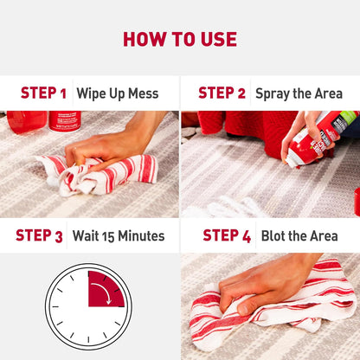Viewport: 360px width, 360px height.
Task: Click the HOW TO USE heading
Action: [x=179, y=39]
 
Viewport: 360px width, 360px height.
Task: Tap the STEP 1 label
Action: [x=43, y=93]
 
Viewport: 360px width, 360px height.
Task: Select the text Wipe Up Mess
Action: [x=118, y=93]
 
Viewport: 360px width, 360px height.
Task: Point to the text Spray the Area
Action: [x=299, y=93]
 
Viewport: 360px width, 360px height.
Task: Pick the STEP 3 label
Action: [x=39, y=235]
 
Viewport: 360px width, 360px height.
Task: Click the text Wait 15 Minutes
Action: [x=119, y=235]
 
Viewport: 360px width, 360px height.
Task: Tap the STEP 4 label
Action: [x=227, y=235]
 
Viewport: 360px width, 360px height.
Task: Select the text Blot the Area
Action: [x=299, y=235]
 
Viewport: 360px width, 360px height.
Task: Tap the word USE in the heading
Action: [x=216, y=39]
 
